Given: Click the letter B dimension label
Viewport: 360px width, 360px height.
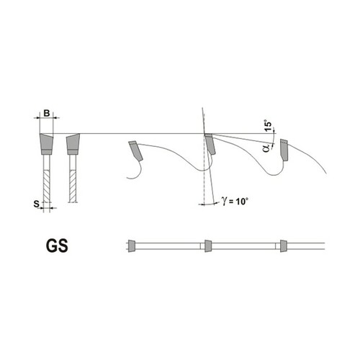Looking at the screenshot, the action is click(x=47, y=113).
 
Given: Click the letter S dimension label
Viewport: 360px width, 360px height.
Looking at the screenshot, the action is click(x=36, y=204).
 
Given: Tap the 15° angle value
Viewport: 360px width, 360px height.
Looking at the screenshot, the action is click(x=269, y=125).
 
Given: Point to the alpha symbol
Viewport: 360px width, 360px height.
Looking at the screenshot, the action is click(x=266, y=148).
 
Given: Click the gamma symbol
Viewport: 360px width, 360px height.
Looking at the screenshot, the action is click(x=225, y=201).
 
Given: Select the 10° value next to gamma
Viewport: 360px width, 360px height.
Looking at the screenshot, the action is click(x=241, y=202).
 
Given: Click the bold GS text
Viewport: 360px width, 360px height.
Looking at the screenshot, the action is click(x=57, y=246).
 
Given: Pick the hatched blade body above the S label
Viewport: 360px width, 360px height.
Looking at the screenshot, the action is click(x=47, y=186).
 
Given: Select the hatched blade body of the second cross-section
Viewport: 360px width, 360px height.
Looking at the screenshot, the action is click(x=73, y=186).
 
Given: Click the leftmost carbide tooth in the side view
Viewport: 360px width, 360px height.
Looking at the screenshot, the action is click(x=136, y=150).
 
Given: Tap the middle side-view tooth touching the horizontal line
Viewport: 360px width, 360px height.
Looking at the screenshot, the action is click(x=210, y=144).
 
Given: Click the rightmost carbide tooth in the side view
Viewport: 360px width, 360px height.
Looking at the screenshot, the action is click(x=284, y=150).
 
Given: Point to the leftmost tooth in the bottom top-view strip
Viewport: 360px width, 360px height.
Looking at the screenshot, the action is click(x=132, y=246).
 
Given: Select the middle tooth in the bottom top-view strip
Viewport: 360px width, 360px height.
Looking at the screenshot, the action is click(x=208, y=246).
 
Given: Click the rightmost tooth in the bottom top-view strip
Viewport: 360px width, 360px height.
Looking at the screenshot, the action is click(x=284, y=246).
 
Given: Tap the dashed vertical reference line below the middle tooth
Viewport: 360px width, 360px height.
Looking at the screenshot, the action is click(x=204, y=178).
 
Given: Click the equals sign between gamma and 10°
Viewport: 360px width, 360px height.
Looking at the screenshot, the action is click(x=231, y=202).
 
